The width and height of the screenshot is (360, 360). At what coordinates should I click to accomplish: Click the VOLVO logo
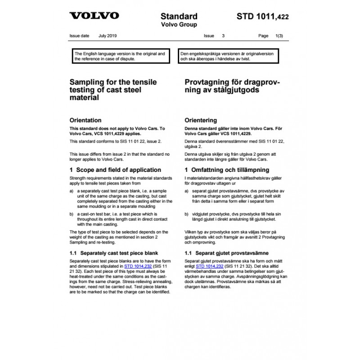pyautogui.click(x=94, y=16)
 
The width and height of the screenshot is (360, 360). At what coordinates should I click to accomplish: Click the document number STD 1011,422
pyautogui.click(x=263, y=17)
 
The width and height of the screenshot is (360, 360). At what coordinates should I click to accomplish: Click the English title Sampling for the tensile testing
pyautogui.click(x=106, y=90)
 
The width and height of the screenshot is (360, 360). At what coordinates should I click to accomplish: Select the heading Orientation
pyautogui.click(x=85, y=120)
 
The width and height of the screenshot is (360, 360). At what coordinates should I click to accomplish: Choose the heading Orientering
pyautogui.click(x=201, y=120)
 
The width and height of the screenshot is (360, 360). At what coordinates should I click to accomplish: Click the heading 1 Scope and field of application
pyautogui.click(x=115, y=170)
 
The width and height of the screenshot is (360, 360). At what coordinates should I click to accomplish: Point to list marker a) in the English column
pyautogui.click(x=71, y=191)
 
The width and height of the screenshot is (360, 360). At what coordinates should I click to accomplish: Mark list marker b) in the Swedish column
pyautogui.click(x=187, y=214)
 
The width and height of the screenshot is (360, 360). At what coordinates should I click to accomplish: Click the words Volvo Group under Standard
pyautogui.click(x=179, y=25)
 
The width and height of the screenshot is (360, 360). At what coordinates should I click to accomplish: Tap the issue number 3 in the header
pyautogui.click(x=224, y=35)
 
